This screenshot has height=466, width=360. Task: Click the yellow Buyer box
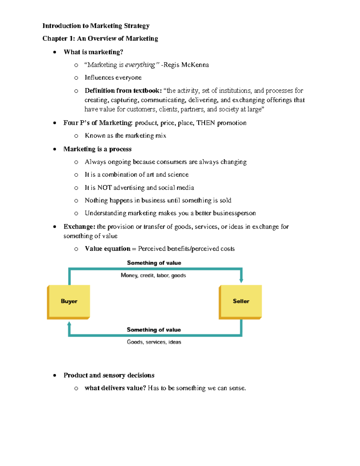click(69, 301)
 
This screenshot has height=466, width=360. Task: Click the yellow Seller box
click(241, 301)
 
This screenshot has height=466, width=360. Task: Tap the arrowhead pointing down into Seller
click(241, 281)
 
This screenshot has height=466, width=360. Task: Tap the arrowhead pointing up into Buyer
click(69, 324)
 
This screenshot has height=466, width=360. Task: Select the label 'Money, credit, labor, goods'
click(153, 275)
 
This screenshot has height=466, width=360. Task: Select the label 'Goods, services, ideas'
click(154, 342)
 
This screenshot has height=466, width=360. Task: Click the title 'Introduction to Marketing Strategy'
click(96, 26)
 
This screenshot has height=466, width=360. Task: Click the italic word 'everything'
click(140, 65)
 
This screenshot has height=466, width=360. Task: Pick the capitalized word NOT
click(104, 188)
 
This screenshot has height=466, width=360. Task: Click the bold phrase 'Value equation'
click(107, 248)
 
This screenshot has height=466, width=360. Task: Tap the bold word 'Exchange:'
click(79, 227)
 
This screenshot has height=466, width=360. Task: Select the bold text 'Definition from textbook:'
click(123, 91)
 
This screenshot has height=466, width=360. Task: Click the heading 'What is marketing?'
click(93, 52)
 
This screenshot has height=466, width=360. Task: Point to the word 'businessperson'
click(234, 213)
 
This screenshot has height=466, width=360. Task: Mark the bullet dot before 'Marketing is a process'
click(55, 149)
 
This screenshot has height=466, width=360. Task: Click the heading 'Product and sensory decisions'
click(109, 375)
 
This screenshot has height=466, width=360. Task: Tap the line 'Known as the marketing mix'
click(125, 136)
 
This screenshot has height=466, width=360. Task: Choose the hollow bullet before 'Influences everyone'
click(76, 78)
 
